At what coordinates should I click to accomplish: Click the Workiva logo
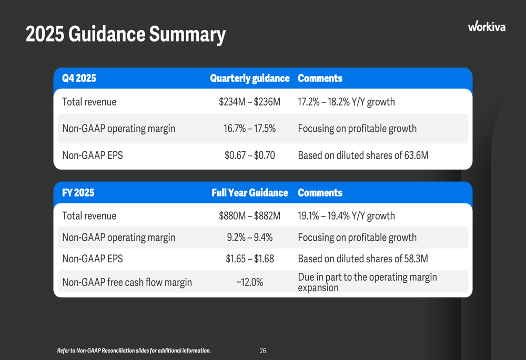click(487, 26)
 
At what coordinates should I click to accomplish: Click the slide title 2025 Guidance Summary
click(125, 35)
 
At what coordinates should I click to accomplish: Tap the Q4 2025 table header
click(79, 78)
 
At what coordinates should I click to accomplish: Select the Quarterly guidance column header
click(249, 78)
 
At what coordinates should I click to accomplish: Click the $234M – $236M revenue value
click(249, 102)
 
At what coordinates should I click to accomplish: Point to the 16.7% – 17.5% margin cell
click(249, 129)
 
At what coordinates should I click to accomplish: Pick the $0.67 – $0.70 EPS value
click(249, 156)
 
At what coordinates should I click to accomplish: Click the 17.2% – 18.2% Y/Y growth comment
click(346, 102)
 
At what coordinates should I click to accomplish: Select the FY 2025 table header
click(78, 193)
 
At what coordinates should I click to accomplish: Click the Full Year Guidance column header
click(249, 193)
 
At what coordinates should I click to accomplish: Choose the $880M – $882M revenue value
click(249, 216)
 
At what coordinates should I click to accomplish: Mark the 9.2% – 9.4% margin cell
click(249, 238)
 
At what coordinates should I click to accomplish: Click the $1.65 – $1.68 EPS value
click(249, 259)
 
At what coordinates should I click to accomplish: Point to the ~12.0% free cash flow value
click(249, 282)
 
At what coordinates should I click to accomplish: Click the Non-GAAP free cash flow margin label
click(127, 282)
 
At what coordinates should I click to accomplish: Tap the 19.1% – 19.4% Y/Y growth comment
click(346, 216)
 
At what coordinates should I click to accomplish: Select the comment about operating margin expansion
click(367, 282)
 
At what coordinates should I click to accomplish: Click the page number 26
click(263, 351)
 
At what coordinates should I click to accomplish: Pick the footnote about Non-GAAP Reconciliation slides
click(134, 351)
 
